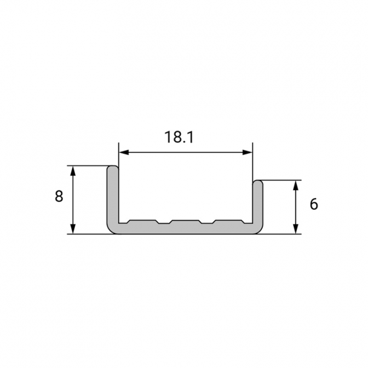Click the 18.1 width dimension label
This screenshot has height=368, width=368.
point(179,137)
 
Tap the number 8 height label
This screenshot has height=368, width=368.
point(59,196)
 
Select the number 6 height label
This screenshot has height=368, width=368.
point(314,204)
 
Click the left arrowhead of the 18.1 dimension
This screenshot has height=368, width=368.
point(124,152)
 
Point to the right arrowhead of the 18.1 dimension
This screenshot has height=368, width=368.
point(248,152)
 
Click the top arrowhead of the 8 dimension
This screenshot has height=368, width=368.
point(73,171)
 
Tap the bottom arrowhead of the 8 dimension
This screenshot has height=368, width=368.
point(73,229)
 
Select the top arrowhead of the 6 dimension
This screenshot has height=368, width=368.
point(296,186)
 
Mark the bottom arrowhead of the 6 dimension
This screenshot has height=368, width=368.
point(296,229)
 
